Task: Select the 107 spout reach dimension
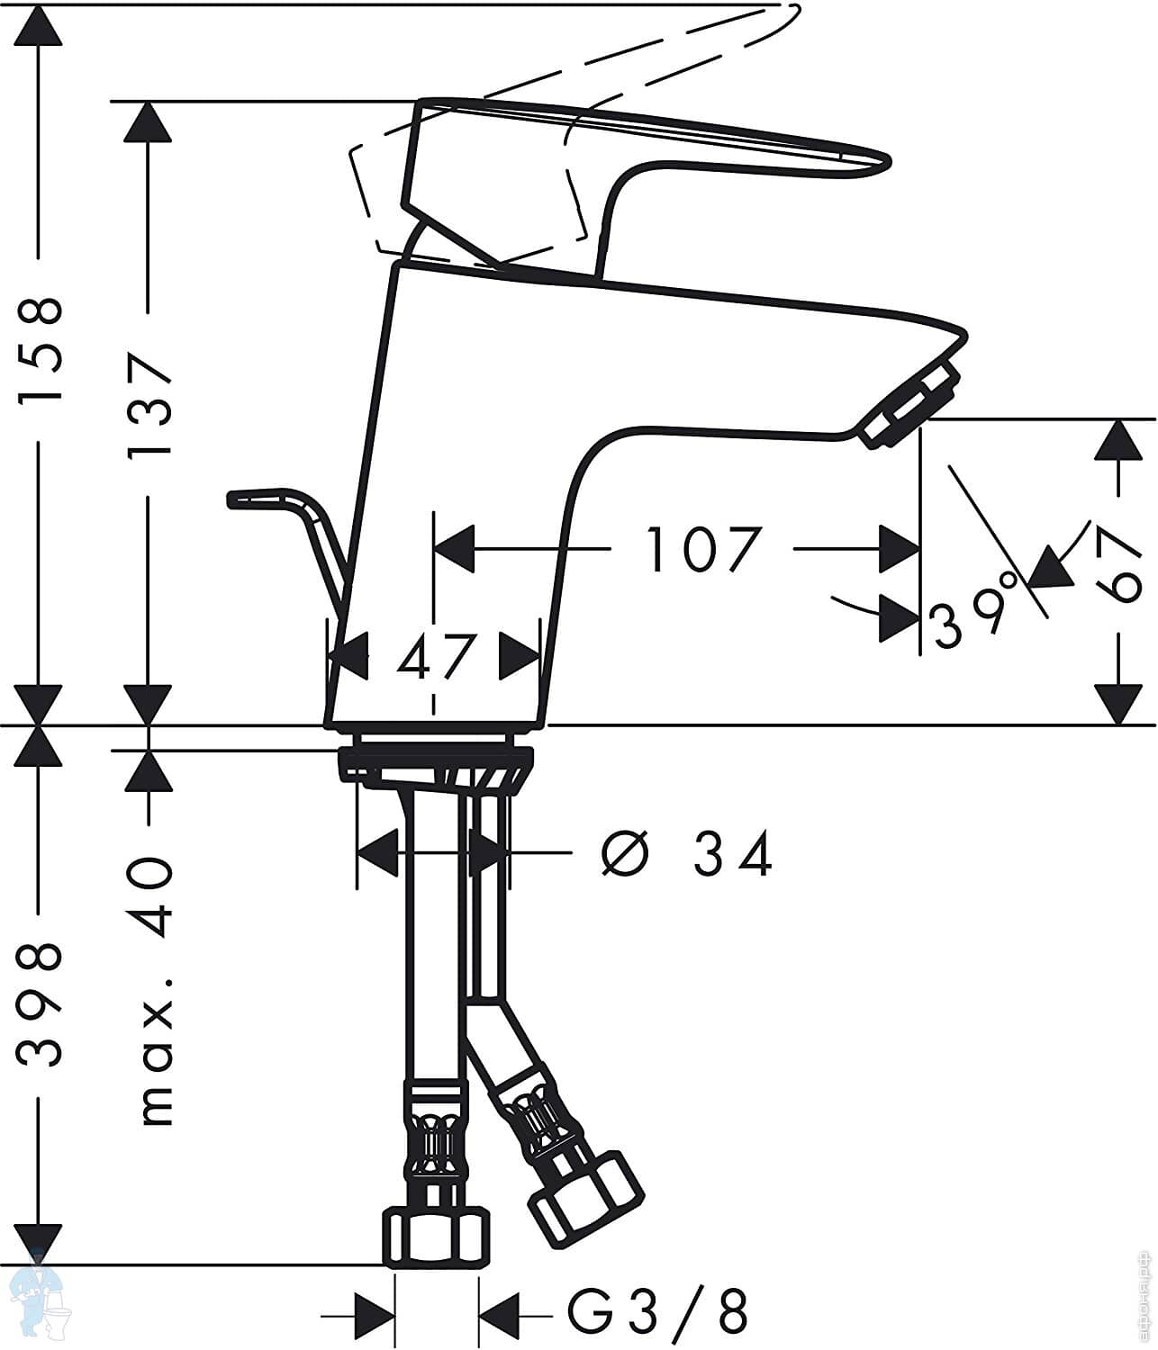[x=704, y=549]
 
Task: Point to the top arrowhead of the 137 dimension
[x=148, y=121]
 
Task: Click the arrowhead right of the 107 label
[x=901, y=548]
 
